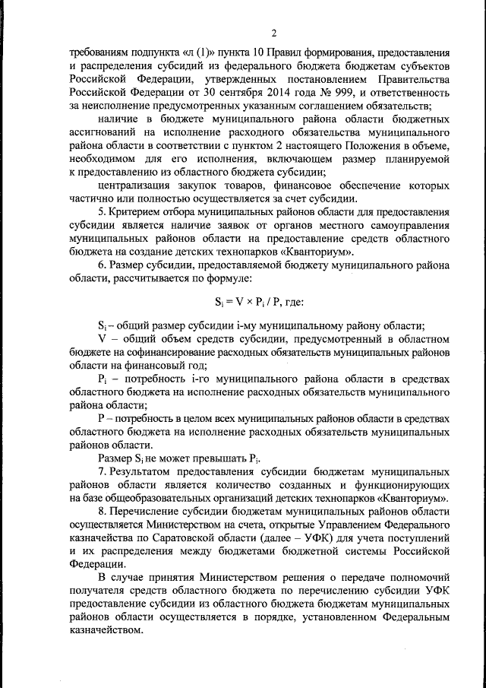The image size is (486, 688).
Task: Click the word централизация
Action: pos(137,185)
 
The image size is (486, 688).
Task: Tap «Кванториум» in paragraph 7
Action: pos(413,498)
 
